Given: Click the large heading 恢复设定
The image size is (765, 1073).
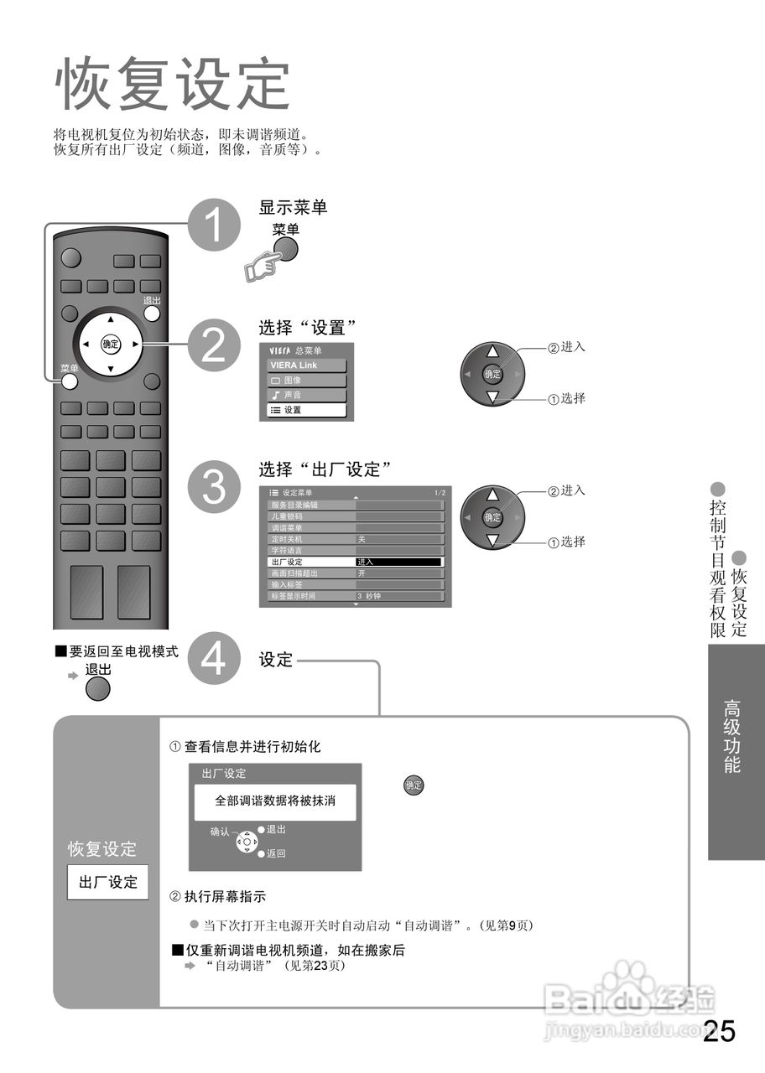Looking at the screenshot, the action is [x=172, y=85].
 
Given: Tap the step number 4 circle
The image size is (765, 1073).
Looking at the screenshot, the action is [x=215, y=659].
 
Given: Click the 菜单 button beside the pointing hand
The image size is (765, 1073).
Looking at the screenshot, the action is [x=286, y=248].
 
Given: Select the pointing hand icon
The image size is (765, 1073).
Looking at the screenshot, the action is [x=261, y=266].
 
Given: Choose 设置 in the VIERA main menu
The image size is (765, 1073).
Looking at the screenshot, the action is [x=306, y=410].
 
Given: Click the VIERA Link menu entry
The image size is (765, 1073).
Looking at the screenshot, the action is [x=306, y=365].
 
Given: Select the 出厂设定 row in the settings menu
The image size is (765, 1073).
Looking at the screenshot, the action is [x=310, y=562].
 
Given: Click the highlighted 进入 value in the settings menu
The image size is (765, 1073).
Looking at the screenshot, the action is [x=398, y=562].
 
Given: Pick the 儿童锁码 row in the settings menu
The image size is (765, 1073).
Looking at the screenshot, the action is [x=310, y=516].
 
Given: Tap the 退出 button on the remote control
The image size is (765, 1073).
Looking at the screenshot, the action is [x=152, y=314].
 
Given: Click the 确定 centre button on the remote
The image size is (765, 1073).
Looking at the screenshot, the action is [x=111, y=344].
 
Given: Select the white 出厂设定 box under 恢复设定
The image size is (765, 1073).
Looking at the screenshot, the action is [x=107, y=882].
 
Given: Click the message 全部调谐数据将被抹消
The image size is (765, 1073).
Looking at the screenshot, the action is [x=275, y=801].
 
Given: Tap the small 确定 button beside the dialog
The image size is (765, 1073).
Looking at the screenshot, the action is [x=414, y=785].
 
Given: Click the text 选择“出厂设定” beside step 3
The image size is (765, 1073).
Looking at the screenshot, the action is [x=325, y=468].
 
